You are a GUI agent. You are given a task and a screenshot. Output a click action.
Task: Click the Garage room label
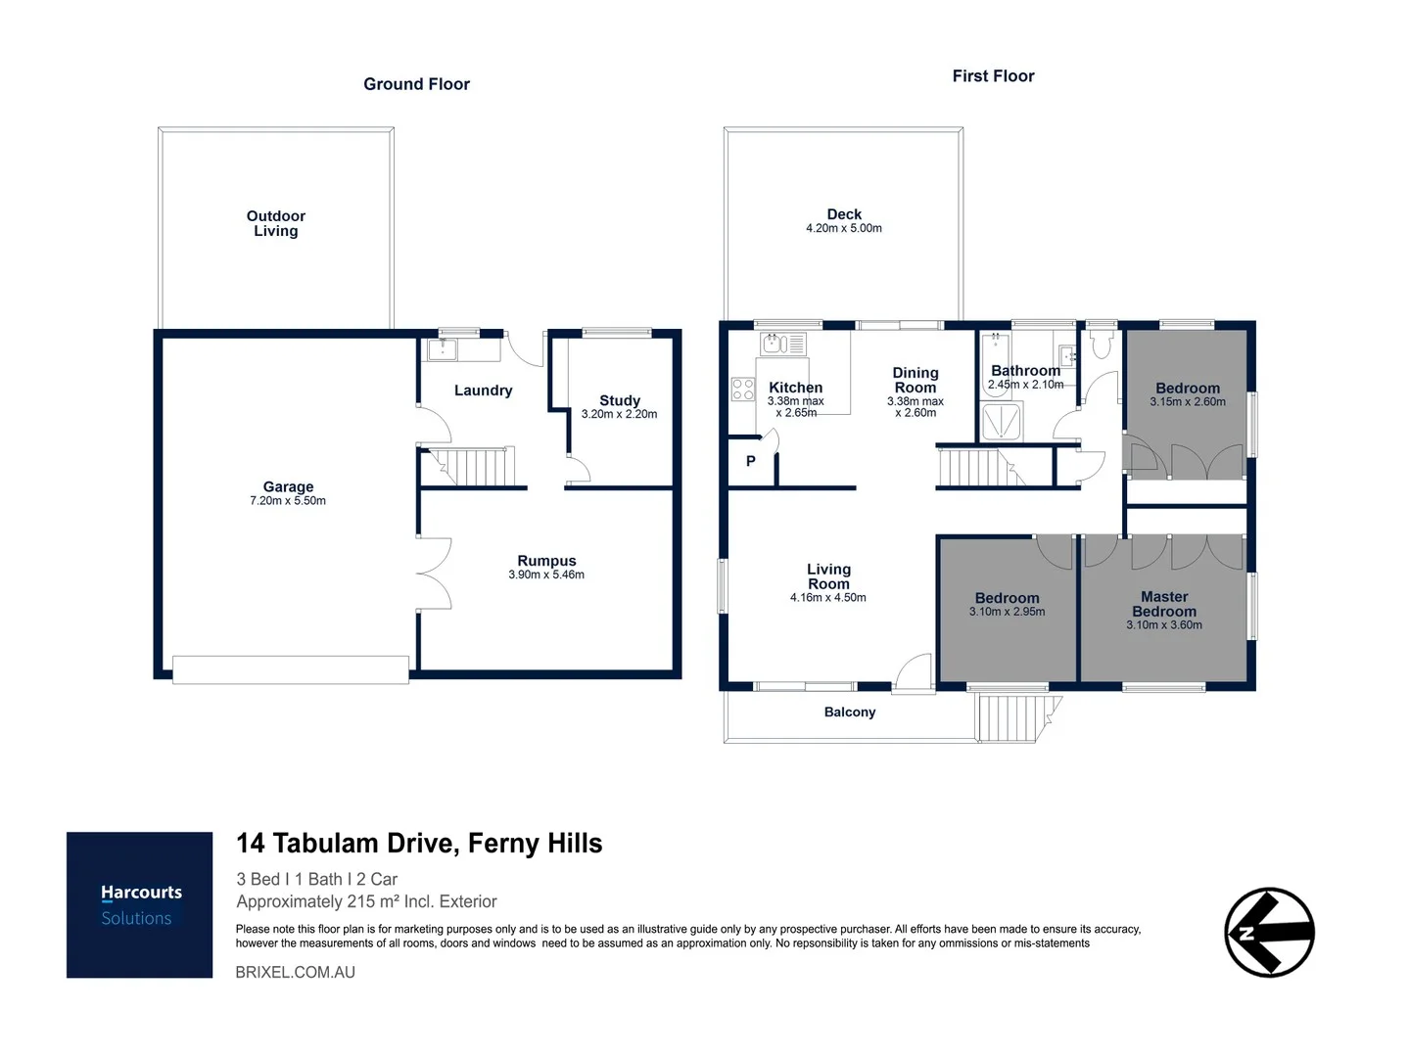click(288, 486)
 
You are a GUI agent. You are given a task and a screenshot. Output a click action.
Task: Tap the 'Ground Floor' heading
click(416, 84)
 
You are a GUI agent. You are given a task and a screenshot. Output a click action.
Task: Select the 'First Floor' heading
click(993, 76)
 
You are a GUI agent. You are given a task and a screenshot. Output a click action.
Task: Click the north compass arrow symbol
click(1269, 932)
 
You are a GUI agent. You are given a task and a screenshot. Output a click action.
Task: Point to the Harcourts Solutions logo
click(139, 904)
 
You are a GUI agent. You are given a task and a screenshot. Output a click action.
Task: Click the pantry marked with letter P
click(751, 461)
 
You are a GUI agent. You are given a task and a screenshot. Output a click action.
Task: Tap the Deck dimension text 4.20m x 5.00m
click(843, 228)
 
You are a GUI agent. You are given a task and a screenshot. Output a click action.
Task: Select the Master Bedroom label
click(1164, 604)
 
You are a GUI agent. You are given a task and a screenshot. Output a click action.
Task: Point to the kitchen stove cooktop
click(743, 390)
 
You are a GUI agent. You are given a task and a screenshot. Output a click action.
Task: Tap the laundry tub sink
click(443, 348)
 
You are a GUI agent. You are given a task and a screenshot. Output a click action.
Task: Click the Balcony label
click(849, 712)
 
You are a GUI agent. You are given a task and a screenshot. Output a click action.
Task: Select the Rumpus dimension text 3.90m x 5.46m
click(546, 574)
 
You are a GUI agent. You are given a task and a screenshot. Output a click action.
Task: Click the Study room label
click(619, 400)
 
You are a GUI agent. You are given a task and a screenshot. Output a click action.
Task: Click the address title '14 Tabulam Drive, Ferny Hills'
click(419, 844)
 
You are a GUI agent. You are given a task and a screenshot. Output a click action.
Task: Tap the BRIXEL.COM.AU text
click(295, 972)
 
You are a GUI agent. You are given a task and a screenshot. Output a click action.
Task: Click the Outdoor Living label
click(275, 223)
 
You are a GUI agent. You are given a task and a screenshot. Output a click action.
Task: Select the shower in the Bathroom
click(1002, 423)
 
